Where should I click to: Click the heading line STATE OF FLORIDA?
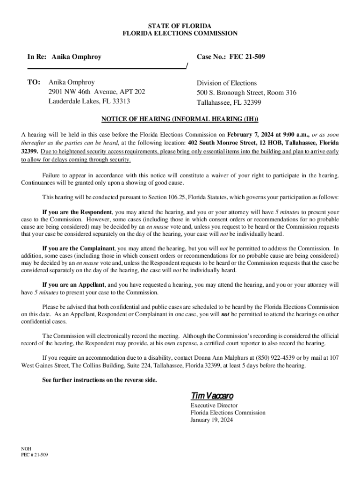pos(180,25)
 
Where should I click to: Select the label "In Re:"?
pos(37,57)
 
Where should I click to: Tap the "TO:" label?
pos(34,82)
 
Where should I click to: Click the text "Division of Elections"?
pos(227,83)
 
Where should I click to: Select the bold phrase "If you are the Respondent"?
pos(77,212)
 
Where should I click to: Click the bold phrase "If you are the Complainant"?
pos(79,248)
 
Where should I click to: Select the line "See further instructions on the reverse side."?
pos(100,380)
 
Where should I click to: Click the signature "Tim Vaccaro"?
pos(212,395)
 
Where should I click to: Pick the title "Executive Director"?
pos(214,406)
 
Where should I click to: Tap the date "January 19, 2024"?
pos(211,420)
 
